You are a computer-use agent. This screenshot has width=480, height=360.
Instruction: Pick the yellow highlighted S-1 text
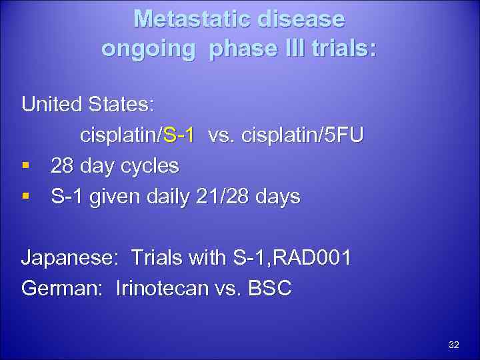click(179, 135)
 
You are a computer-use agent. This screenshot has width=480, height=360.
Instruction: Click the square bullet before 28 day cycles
click(26, 166)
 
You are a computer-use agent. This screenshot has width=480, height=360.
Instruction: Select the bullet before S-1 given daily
click(26, 197)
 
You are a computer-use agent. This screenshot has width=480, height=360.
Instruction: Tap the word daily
click(163, 197)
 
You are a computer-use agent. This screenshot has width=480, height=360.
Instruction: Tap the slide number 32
click(454, 345)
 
